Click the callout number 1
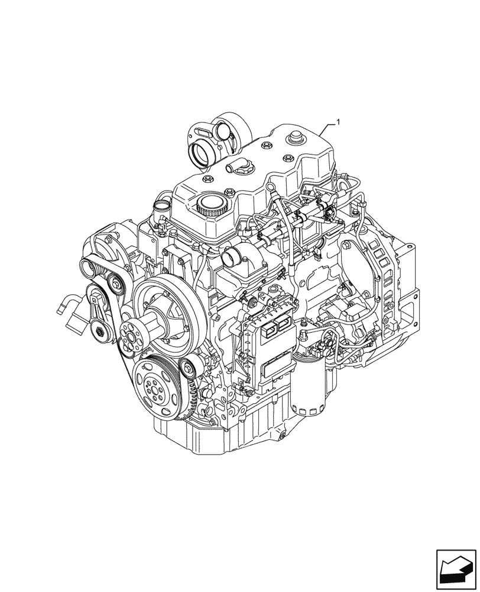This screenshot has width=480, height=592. [x=338, y=122]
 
